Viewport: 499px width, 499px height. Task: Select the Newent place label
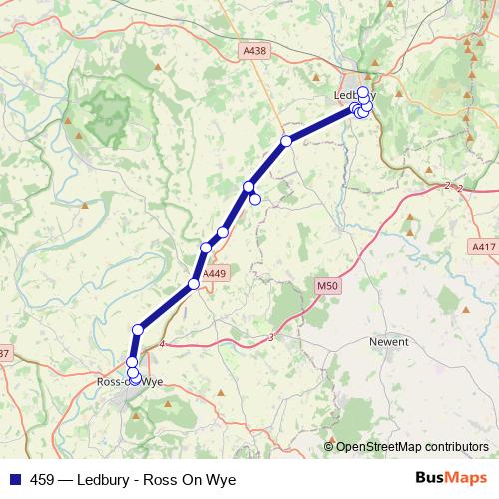pos(389,340)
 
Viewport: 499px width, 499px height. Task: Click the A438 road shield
pos(253,48)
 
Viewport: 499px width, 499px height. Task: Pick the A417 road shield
pos(480,245)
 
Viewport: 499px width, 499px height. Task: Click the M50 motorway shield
pos(321,286)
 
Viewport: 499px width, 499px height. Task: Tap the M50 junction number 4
pos(161,344)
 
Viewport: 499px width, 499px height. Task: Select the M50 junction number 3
pos(270,337)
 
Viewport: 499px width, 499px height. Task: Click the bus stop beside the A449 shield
pos(194,284)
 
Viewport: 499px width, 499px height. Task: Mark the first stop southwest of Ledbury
pos(286,141)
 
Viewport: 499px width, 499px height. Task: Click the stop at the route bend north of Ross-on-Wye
pos(138,329)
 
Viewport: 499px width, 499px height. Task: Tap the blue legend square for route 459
pos(14,479)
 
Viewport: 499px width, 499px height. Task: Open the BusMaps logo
pos(451,478)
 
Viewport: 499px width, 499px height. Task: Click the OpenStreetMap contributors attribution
pos(412,446)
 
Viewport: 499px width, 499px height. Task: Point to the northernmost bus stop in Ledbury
pos(363,91)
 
